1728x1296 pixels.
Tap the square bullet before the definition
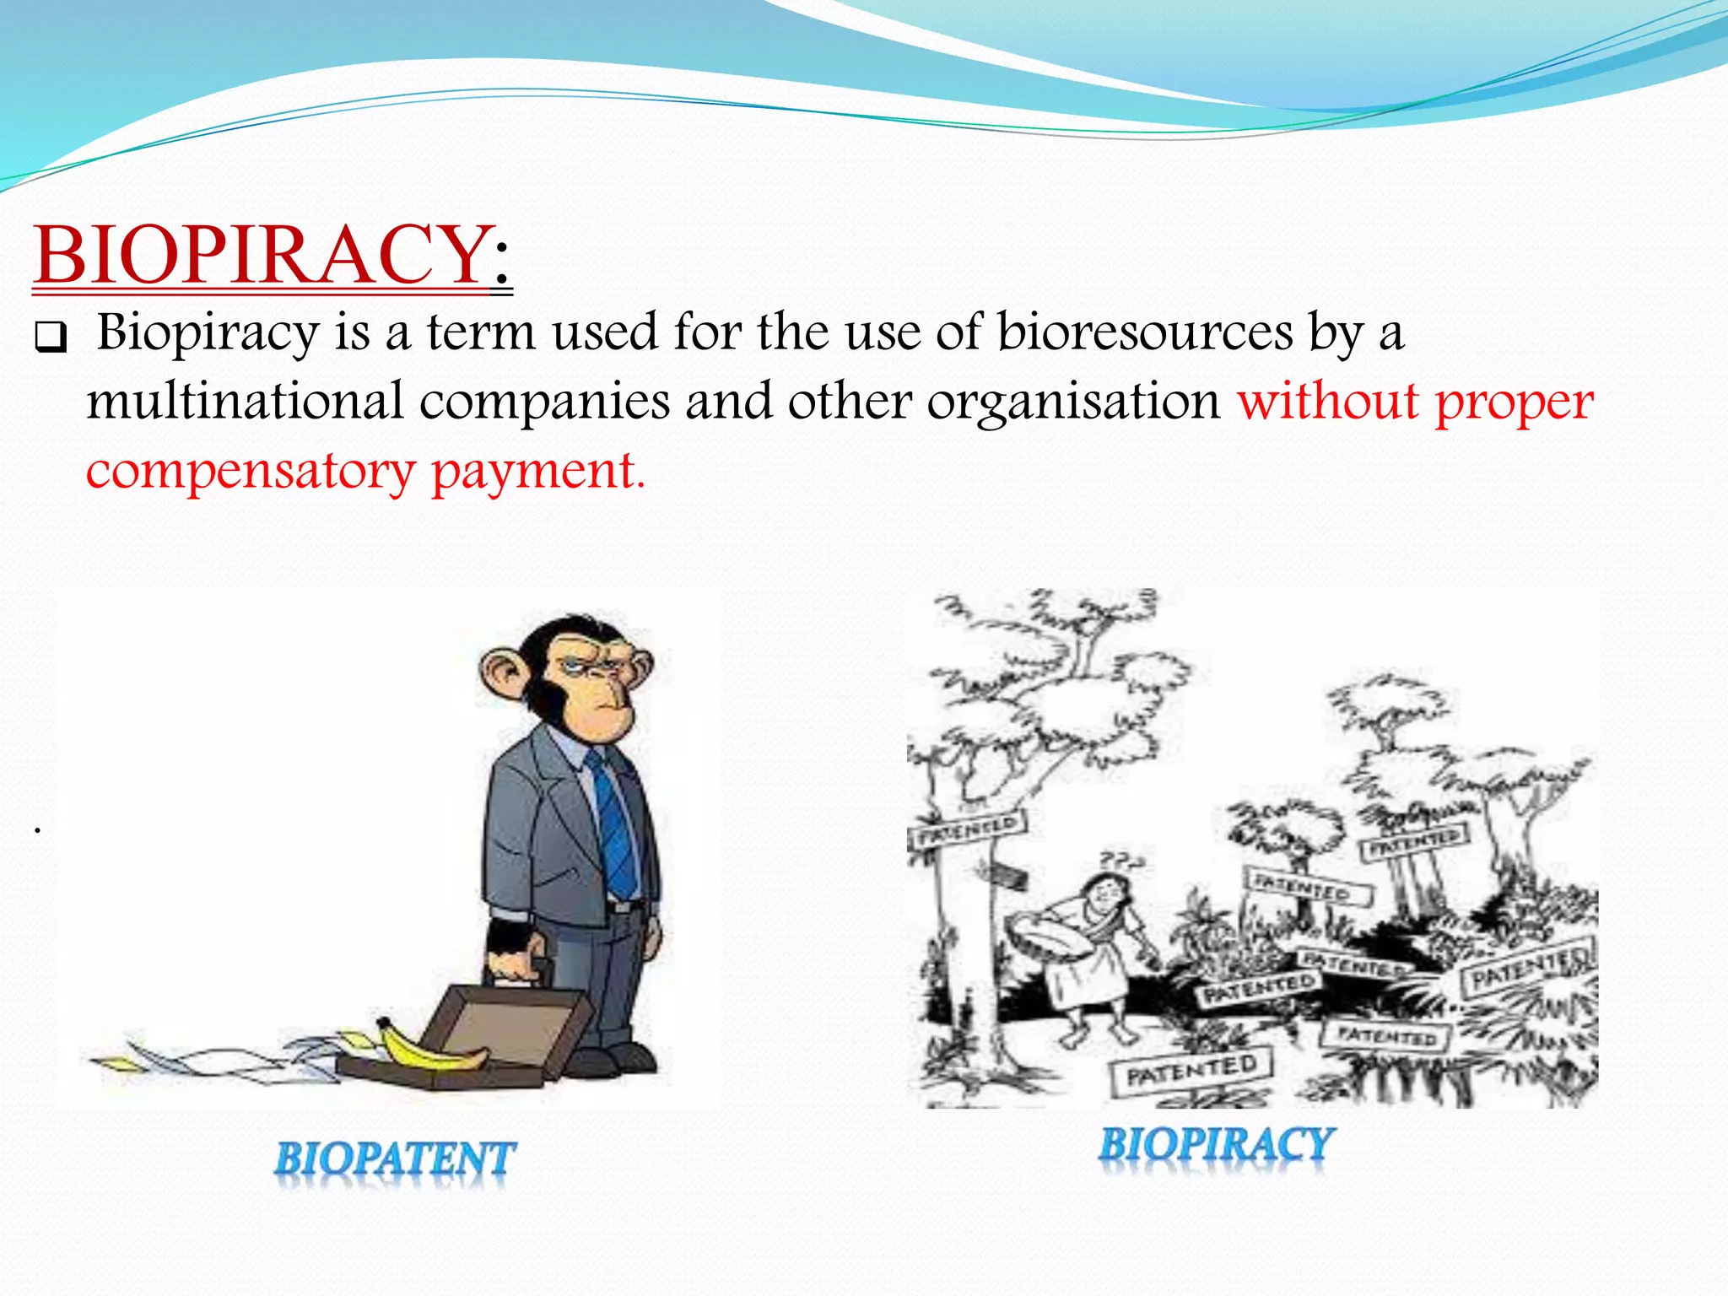pos(50,338)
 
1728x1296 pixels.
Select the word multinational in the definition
pos(245,401)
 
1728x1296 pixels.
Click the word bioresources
pos(1145,332)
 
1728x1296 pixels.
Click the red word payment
pos(537,471)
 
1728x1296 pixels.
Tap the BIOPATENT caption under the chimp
pos(394,1158)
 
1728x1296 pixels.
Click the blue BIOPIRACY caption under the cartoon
pos(1216,1146)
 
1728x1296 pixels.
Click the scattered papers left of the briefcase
pos(211,1059)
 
